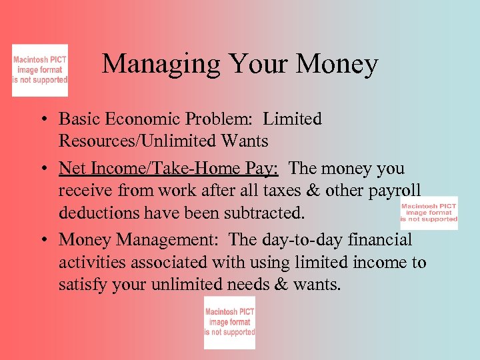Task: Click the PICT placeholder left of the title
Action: pos(40,70)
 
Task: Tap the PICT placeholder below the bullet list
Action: pos(229,323)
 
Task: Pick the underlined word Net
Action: pos(71,169)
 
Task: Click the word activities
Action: pos(90,262)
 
